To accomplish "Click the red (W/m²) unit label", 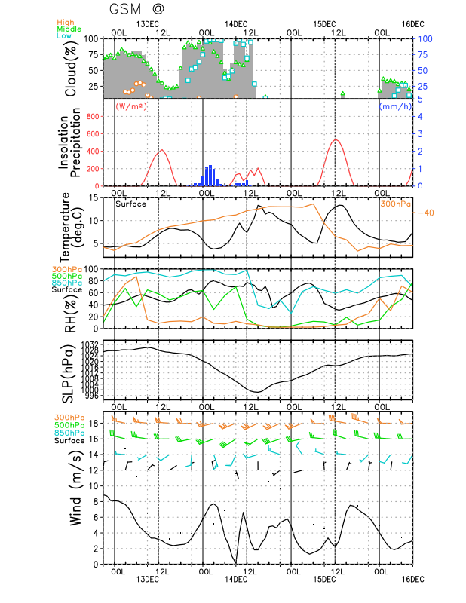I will tap(130, 106).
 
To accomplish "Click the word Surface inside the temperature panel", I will tap(130, 204).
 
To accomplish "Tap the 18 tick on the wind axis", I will tap(94, 424).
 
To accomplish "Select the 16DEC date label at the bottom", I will tap(412, 579).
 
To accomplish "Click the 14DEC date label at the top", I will tap(236, 24).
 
